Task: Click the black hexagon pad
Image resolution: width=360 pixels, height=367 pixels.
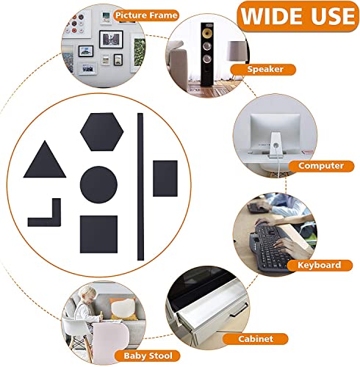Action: (x=102, y=131)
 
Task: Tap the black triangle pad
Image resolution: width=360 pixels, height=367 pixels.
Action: (x=45, y=161)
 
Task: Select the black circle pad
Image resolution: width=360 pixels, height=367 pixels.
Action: (x=98, y=184)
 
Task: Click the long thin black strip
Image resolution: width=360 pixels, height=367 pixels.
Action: (x=140, y=186)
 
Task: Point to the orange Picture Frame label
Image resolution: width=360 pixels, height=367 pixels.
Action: (x=146, y=15)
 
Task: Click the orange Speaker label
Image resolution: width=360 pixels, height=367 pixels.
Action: (x=263, y=69)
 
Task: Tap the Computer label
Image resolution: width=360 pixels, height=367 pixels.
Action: (x=321, y=166)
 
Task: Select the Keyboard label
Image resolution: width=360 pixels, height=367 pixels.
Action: (x=320, y=265)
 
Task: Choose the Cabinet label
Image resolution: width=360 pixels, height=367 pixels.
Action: (x=256, y=339)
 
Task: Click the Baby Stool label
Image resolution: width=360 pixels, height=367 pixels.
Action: (x=148, y=356)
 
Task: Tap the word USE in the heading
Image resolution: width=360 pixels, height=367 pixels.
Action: (x=333, y=16)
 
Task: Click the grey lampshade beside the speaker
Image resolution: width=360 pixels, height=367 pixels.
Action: (x=237, y=51)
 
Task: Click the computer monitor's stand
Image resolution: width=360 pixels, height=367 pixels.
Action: (x=276, y=145)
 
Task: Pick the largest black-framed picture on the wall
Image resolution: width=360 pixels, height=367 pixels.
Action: (x=111, y=39)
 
